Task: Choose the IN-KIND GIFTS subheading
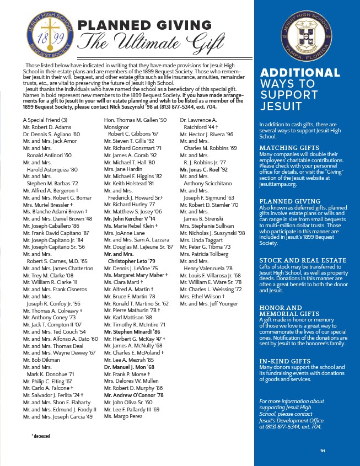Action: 284,361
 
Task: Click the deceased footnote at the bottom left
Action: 42,436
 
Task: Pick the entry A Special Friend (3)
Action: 45,120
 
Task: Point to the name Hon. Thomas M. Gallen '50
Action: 135,120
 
